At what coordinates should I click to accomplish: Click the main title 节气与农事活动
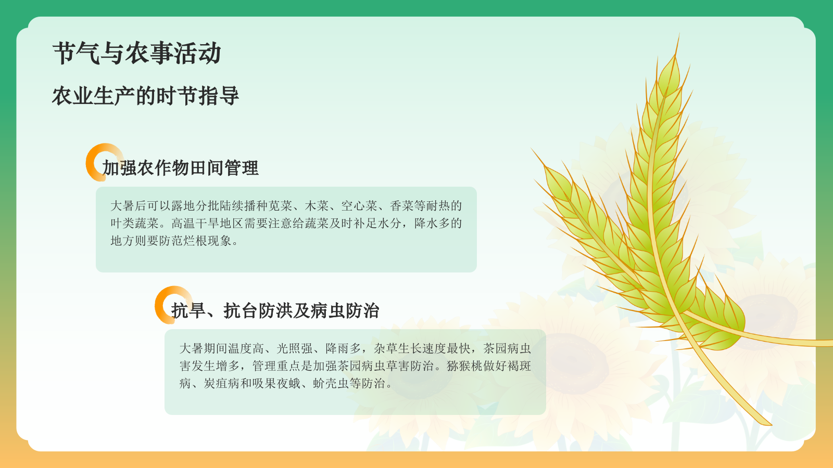point(137,54)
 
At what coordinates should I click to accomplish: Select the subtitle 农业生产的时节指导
point(145,96)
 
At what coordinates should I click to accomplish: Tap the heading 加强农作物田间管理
point(180,168)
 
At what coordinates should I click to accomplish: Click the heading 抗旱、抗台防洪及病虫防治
point(275,311)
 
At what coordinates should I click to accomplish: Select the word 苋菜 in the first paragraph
point(280,206)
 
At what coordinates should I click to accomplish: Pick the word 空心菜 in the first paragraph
point(359,206)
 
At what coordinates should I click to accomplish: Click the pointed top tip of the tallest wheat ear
point(678,35)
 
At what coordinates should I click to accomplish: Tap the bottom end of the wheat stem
point(769,424)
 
